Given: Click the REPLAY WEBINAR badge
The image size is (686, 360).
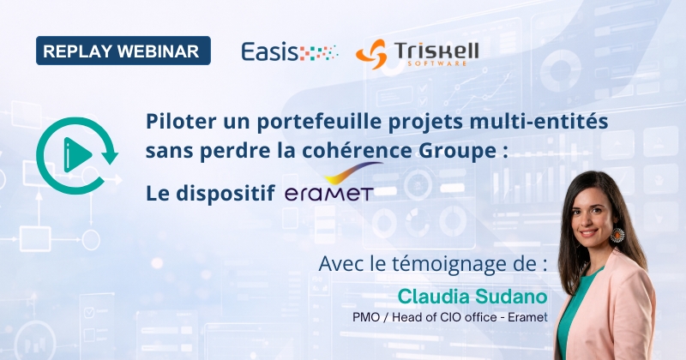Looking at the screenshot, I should (123, 51).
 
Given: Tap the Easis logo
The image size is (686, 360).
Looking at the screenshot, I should (290, 51).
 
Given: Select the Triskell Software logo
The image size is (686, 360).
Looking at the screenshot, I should (417, 51).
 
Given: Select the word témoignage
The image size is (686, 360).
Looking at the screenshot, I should (460, 262).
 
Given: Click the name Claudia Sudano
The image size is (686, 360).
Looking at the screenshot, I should (473, 296).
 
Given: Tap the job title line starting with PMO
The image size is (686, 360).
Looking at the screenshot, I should (450, 318).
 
